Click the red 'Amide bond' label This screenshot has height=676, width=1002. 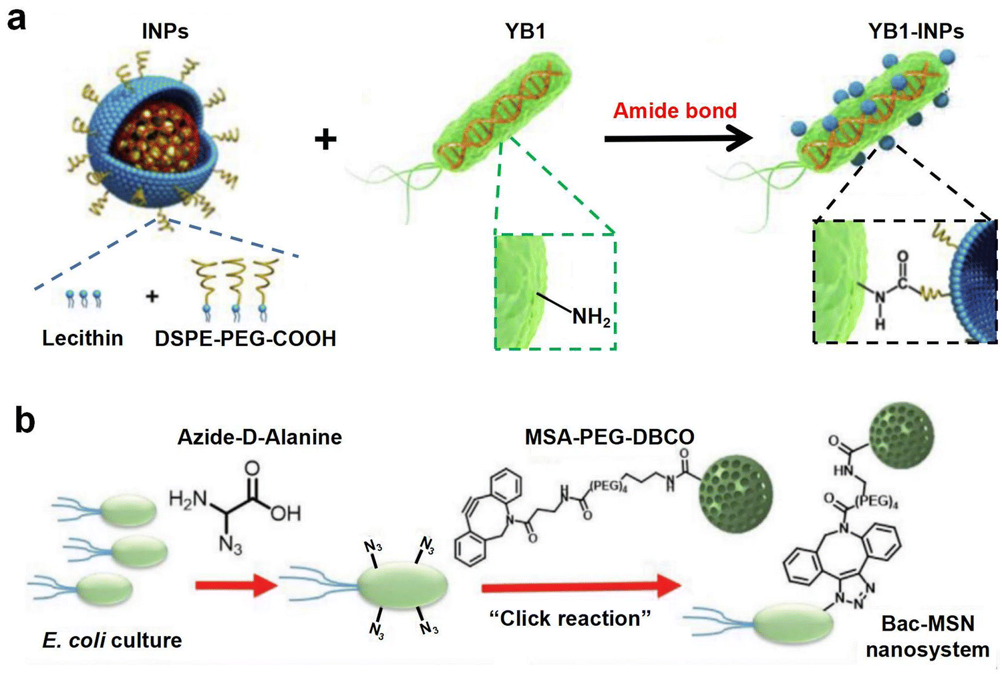[675, 110]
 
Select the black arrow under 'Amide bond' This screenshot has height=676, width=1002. [679, 139]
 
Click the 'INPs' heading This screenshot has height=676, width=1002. [165, 31]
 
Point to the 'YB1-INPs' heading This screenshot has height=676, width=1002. [916, 31]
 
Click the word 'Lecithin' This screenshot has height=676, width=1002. [83, 338]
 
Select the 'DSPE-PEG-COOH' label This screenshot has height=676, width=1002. [246, 339]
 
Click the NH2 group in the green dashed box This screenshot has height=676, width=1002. [591, 317]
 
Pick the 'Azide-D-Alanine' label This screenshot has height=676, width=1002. [260, 437]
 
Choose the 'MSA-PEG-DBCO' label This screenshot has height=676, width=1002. [610, 437]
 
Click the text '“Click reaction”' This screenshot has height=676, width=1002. [570, 619]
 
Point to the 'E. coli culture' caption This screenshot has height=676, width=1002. [112, 641]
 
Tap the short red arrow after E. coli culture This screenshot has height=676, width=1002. [237, 585]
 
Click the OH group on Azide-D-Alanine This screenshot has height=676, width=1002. [285, 514]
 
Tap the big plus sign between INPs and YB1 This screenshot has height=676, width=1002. [326, 139]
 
